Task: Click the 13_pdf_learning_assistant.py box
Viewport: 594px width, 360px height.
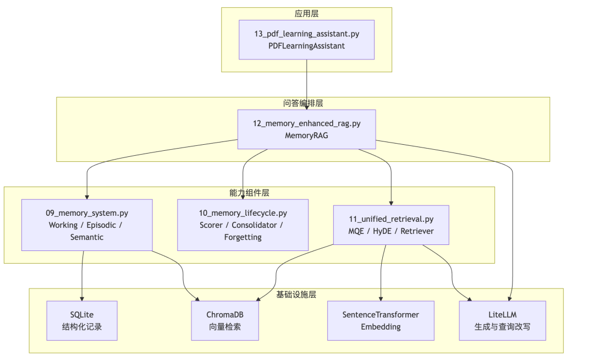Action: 306,40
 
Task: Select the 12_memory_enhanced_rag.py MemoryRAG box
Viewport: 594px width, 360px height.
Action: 306,129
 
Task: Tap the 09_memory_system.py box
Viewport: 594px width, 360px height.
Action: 87,225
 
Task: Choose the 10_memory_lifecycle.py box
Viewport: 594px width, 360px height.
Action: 243,225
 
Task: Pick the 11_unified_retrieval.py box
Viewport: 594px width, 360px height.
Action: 391,225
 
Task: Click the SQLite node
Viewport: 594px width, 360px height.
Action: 82,320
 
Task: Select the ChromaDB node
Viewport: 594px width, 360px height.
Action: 225,320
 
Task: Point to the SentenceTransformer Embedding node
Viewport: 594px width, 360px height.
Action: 381,320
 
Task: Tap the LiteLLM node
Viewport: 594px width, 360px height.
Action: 502,320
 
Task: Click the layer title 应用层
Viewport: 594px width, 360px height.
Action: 306,14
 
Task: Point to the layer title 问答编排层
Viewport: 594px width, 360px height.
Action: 302,103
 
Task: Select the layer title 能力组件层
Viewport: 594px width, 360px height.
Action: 249,193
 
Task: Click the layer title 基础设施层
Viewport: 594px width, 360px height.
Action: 296,294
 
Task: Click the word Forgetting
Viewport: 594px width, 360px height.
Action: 243,237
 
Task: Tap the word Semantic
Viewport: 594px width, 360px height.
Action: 87,237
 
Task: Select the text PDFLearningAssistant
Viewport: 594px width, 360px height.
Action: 306,46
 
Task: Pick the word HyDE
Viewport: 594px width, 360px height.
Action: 382,231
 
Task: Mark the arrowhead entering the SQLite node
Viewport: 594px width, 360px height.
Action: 82,299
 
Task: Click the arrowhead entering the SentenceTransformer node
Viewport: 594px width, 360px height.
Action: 381,299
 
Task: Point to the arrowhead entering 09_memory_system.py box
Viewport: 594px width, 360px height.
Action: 87,198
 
